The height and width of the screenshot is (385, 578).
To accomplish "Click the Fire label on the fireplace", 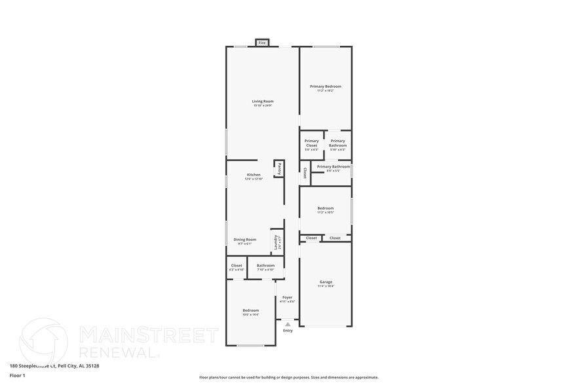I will [262, 43].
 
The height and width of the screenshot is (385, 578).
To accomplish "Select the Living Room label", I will [262, 101].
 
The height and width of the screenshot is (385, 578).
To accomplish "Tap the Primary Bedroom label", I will [325, 86].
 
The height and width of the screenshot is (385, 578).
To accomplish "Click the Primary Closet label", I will [311, 143].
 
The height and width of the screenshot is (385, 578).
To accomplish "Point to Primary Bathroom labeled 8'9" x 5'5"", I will [333, 167].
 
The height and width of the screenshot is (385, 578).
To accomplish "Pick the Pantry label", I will [279, 168].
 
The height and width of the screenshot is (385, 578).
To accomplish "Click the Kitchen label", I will [254, 175].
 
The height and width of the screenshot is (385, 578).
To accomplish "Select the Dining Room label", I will [245, 240].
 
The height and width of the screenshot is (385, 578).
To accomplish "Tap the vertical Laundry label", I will [276, 242].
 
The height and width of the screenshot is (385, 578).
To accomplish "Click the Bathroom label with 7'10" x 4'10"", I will [265, 266].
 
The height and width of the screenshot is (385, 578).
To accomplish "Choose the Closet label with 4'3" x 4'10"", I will [237, 266].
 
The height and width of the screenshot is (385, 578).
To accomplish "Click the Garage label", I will [326, 283].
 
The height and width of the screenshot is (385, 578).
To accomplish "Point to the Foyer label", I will [287, 297].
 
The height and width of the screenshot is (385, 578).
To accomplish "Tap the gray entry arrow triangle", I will [287, 323].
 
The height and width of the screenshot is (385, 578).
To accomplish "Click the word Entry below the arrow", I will [288, 331].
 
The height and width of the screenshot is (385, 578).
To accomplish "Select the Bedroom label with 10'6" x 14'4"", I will [250, 310].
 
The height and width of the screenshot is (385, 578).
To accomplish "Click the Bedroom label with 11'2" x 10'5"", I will [326, 209].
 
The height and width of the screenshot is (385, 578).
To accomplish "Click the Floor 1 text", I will [18, 375].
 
